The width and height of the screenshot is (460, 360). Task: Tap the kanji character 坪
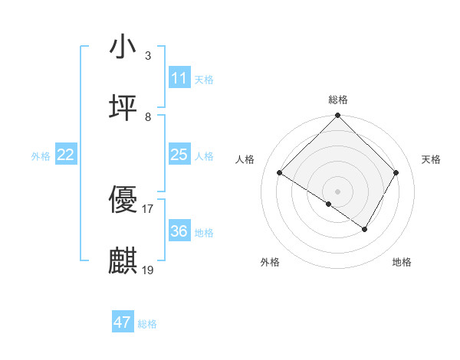pos(123,108)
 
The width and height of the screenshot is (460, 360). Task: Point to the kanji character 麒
pos(123,260)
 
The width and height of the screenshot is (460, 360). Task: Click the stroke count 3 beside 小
pos(147,56)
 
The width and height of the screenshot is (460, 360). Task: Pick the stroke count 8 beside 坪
pos(147,117)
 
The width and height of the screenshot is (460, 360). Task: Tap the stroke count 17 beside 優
pos(147,208)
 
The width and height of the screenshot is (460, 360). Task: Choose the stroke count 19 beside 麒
pos(147,270)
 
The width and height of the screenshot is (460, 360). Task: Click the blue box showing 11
pos(179,78)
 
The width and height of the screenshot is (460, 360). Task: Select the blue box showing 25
pos(179,155)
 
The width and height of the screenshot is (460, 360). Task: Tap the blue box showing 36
pos(179,231)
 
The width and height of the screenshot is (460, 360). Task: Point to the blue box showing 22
pos(66,155)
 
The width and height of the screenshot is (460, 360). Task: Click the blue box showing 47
pos(123,322)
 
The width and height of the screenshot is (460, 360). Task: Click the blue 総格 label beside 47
pos(147,324)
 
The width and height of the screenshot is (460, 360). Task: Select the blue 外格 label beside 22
pos(41,156)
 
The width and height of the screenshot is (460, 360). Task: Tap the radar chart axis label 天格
pos(431,159)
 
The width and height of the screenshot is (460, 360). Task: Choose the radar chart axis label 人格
pos(245,159)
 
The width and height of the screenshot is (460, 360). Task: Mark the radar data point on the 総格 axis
pos(337,116)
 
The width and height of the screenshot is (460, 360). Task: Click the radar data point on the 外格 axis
pos(328,205)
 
